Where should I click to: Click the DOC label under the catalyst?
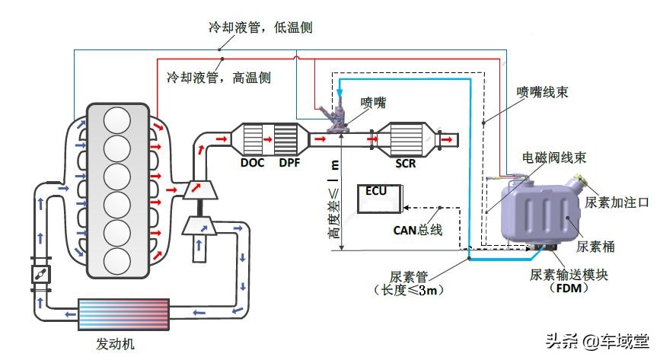click(252, 164)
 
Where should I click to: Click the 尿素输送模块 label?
click(569, 274)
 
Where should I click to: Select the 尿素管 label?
click(406, 276)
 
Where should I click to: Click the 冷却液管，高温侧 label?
click(218, 77)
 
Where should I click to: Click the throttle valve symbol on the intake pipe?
click(40, 277)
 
